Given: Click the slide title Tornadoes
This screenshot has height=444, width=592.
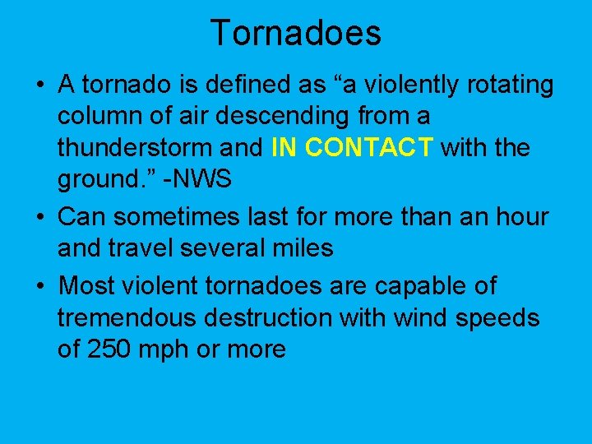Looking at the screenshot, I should [x=296, y=33].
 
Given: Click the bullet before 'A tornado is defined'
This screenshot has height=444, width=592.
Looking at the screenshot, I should [x=39, y=86].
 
